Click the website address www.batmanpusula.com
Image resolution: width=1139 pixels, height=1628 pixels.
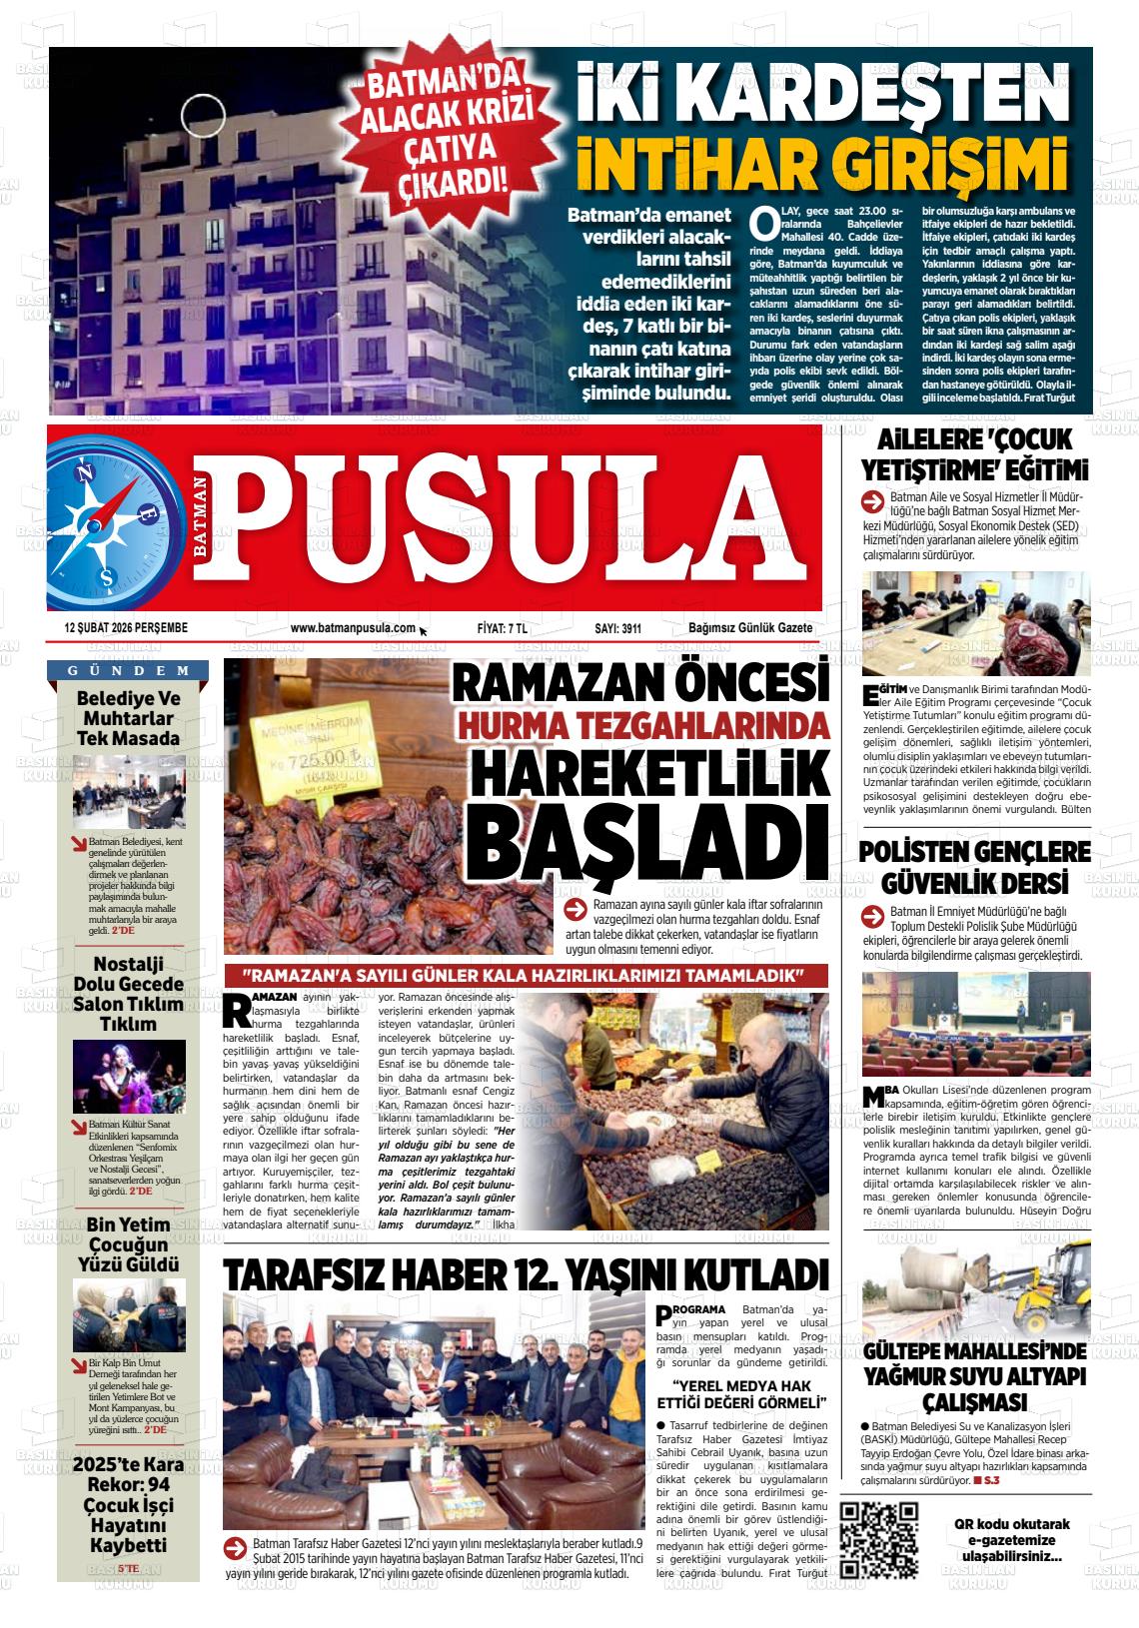tap(353, 628)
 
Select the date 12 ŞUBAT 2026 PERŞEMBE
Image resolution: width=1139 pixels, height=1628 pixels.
tap(126, 628)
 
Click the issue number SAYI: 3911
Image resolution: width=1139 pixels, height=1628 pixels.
tap(617, 628)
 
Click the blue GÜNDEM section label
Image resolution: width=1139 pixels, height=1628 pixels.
tap(129, 670)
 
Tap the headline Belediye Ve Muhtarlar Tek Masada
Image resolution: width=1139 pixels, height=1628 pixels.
tap(129, 719)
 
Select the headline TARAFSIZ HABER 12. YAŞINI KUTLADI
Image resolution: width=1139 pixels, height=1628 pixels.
tap(527, 1274)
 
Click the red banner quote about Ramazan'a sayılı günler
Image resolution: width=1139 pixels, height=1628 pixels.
tap(526, 975)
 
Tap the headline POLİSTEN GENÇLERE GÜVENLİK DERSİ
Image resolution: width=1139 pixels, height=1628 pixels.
tap(974, 868)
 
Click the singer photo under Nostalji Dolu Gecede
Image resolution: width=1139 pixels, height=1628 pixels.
tap(129, 1078)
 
